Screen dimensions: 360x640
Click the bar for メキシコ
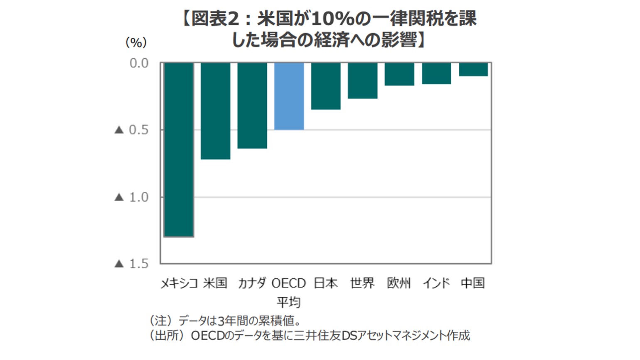click(179, 150)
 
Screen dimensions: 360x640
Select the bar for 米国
click(215, 111)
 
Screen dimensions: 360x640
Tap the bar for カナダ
click(252, 106)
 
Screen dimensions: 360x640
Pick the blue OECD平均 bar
click(289, 96)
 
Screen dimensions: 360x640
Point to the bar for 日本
click(326, 86)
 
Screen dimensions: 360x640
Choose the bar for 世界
click(363, 81)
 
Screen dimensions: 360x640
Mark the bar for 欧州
click(399, 74)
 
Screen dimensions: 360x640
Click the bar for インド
click(436, 74)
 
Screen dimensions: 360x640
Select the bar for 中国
click(473, 69)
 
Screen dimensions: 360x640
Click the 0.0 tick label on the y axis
click(139, 63)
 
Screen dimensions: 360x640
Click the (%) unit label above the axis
click(136, 42)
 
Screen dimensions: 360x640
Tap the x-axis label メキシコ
click(179, 284)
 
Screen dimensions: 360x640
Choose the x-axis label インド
click(436, 284)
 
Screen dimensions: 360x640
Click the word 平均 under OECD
click(289, 302)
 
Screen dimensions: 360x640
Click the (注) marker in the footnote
click(160, 321)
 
